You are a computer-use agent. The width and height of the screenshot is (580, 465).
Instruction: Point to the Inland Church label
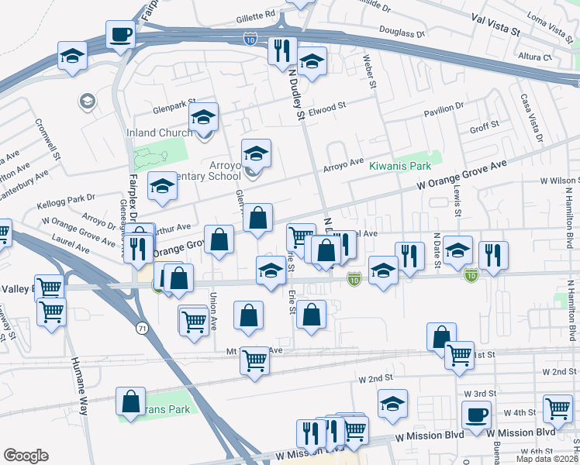click(x=158, y=133)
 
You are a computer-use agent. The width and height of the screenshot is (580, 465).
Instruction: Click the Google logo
click(x=26, y=456)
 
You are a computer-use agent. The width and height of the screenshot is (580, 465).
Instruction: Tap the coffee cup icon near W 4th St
click(x=476, y=414)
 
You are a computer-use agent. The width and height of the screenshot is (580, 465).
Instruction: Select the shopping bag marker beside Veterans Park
click(x=130, y=400)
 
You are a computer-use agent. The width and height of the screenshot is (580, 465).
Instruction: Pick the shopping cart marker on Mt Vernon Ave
click(x=254, y=361)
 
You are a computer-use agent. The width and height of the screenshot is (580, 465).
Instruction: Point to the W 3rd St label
click(x=481, y=394)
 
